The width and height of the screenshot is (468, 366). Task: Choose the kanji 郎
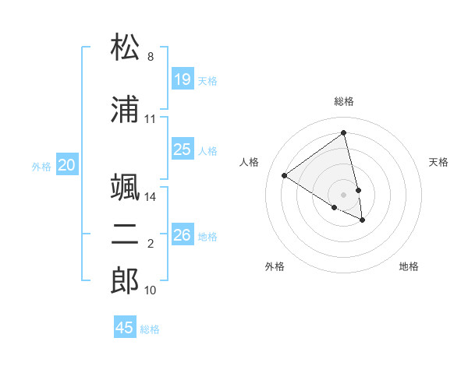point(126,281)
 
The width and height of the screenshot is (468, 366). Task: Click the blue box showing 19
point(183,79)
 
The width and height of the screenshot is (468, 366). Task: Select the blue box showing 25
point(183,150)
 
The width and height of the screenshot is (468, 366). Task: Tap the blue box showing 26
point(183,235)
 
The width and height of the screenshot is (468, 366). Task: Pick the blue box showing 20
point(67,165)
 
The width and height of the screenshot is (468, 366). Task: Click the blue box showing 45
point(125,328)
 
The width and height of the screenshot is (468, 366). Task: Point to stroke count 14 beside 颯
point(151,197)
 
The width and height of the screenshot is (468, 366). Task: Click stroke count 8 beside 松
point(151,57)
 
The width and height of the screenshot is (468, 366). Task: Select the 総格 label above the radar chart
point(344,101)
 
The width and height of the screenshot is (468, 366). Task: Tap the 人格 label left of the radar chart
point(250,162)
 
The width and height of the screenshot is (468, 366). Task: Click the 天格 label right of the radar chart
point(438,162)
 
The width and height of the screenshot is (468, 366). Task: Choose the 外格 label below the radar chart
point(275,266)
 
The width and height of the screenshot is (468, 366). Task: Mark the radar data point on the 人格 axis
point(285,175)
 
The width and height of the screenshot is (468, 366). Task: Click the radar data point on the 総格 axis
point(344,132)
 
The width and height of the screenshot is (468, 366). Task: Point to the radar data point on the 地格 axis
point(363,220)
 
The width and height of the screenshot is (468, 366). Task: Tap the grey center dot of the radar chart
point(344,194)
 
